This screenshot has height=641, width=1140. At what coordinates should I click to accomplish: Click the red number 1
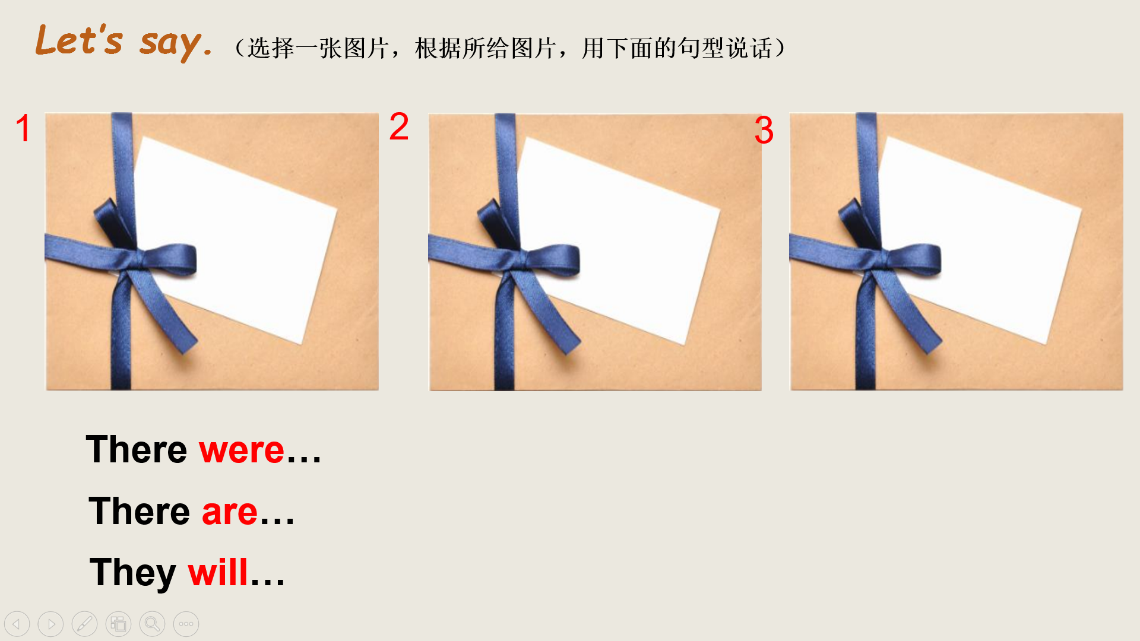click(23, 128)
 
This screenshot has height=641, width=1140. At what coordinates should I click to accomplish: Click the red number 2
click(399, 126)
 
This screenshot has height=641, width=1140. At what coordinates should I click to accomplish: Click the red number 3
click(764, 130)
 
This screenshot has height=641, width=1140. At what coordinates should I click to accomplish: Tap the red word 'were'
click(242, 450)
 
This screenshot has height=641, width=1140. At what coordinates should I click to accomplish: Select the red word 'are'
click(230, 512)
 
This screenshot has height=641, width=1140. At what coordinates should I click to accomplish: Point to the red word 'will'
click(218, 573)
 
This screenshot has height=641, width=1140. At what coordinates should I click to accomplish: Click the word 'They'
click(133, 574)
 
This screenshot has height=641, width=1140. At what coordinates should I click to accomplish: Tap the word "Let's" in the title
click(79, 40)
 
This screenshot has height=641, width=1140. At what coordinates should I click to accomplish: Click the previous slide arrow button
click(17, 624)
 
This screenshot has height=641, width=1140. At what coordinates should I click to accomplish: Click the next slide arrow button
click(50, 624)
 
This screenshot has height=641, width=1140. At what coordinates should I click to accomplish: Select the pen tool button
click(84, 624)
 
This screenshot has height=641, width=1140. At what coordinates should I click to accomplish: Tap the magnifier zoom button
click(152, 624)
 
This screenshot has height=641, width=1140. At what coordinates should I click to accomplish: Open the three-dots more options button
click(186, 624)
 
